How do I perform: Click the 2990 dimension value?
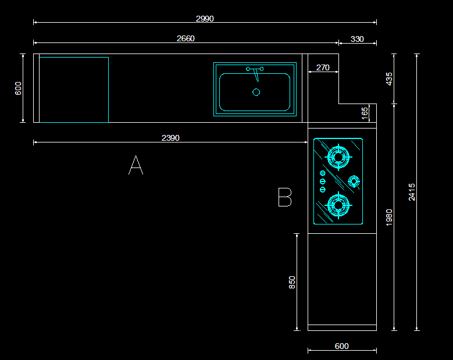[205, 19]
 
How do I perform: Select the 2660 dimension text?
[186, 38]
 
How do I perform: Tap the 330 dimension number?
[357, 39]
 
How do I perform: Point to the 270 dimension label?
[323, 67]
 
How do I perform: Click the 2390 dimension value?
[170, 138]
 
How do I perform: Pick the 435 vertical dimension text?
[389, 79]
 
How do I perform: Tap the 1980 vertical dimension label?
[389, 218]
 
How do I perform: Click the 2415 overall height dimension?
[412, 192]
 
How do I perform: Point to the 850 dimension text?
[292, 282]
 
